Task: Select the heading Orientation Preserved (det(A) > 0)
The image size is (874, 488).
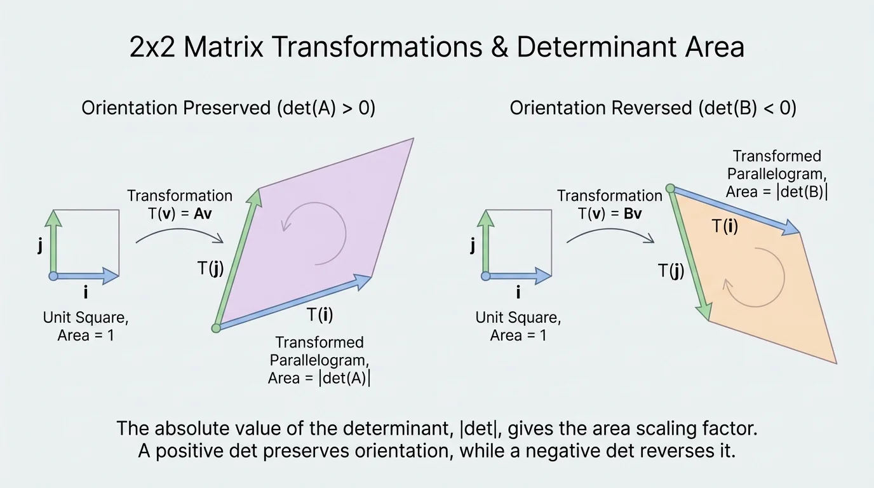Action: coord(228,107)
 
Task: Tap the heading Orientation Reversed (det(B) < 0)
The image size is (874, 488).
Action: coord(653,107)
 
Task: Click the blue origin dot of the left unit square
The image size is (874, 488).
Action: coord(53,276)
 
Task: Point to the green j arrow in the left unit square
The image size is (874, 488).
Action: coord(54,241)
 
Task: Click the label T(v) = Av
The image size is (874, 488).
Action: coord(180,213)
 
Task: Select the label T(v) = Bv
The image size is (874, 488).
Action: coord(610,213)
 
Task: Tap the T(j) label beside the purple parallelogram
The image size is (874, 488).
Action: coord(211,269)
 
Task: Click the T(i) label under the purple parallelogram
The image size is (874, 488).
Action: coord(319,314)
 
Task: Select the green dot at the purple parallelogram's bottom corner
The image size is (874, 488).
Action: coord(216,328)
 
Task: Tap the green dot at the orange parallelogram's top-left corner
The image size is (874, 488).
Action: coord(669,188)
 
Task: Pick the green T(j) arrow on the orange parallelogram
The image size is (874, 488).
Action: coord(689,254)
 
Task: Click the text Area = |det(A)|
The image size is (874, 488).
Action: coord(319,378)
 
